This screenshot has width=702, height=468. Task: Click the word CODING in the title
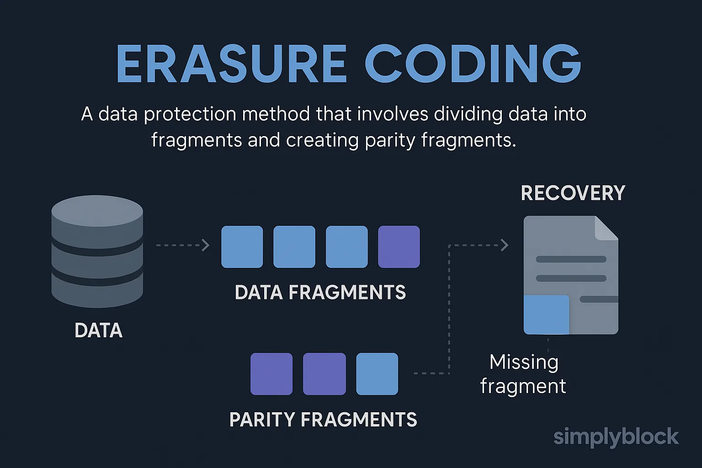(x=473, y=64)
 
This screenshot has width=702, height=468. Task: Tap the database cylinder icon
(x=97, y=251)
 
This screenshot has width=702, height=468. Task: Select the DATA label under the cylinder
(x=98, y=330)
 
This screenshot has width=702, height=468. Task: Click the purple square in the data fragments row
(x=399, y=247)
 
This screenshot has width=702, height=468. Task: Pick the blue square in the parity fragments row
(x=377, y=374)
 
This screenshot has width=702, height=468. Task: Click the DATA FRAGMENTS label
(x=320, y=292)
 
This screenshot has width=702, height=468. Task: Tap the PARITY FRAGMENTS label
(x=323, y=420)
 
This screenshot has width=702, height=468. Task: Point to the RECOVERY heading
(x=573, y=193)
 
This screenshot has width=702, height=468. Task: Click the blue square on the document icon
(x=546, y=315)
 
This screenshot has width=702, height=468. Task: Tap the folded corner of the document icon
(x=606, y=228)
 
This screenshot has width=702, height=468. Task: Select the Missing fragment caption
(x=523, y=374)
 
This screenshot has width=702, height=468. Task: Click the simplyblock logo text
(x=616, y=437)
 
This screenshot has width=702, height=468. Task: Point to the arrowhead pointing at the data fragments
(x=206, y=245)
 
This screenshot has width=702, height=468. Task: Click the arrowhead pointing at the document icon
(x=505, y=245)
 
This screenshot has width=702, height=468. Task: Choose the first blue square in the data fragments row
(x=242, y=247)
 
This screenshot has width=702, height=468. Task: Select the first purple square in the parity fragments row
(x=271, y=374)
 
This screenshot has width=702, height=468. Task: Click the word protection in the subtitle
(x=190, y=115)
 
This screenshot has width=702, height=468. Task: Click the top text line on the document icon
(x=571, y=259)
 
